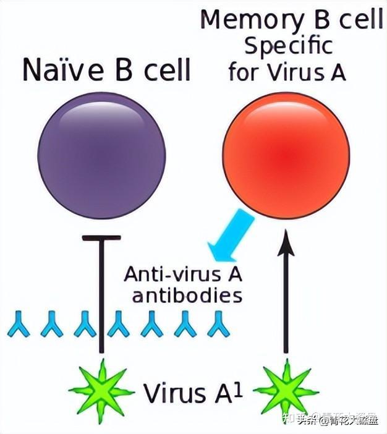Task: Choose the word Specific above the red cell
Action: (288, 46)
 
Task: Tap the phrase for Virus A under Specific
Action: (286, 72)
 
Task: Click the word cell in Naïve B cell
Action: (163, 70)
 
